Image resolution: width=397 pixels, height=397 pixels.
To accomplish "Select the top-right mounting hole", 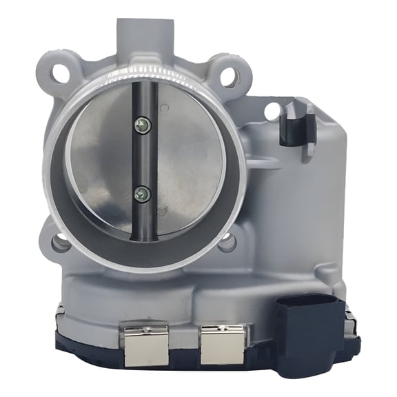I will [228, 77].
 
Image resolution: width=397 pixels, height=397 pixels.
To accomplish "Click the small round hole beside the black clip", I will [272, 110].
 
